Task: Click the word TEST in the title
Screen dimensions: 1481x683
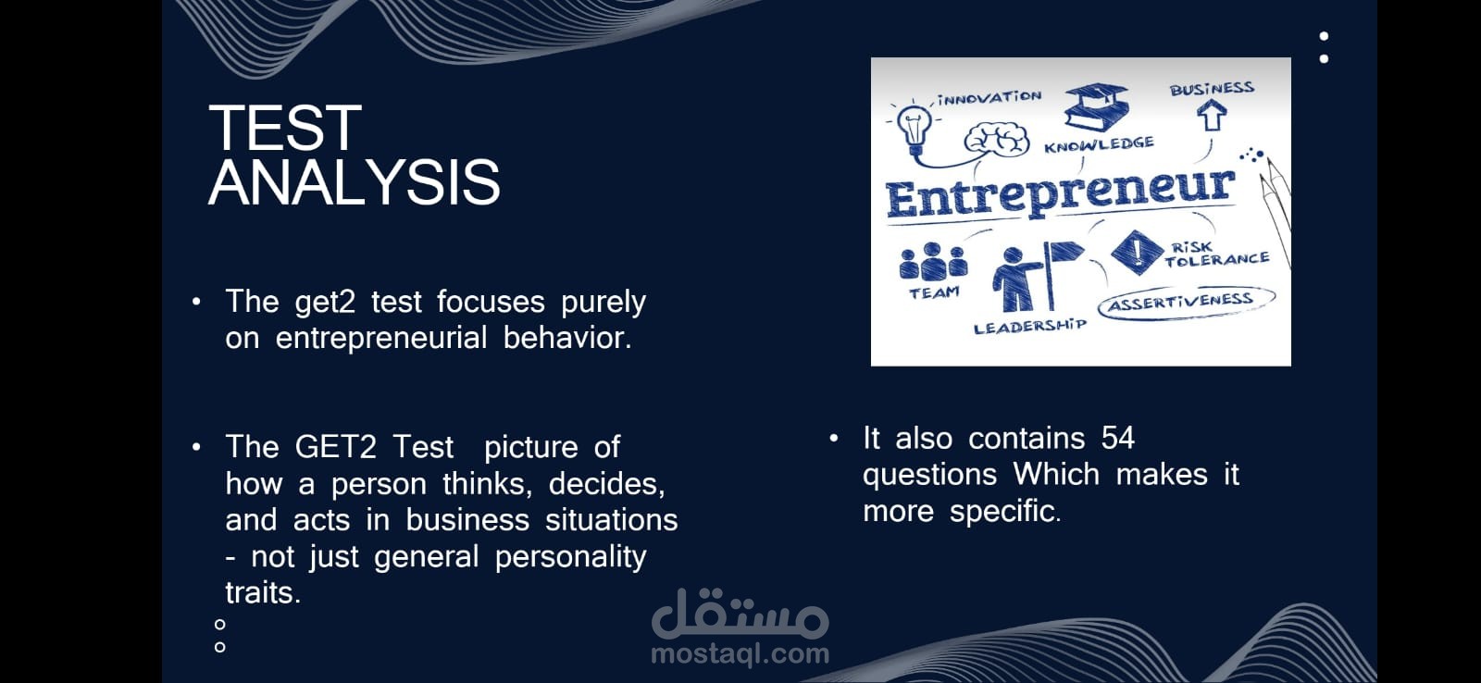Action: (285, 128)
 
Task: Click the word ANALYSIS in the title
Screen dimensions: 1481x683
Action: (355, 181)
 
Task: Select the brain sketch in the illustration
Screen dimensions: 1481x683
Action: (996, 140)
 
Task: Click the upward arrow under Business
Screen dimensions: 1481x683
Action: (1212, 115)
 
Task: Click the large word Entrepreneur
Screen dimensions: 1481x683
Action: (1060, 192)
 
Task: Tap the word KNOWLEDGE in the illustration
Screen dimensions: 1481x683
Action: (1099, 144)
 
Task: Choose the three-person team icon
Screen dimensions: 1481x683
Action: (933, 262)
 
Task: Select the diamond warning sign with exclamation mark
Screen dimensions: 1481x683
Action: (1138, 252)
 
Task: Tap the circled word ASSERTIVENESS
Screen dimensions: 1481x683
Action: (1181, 302)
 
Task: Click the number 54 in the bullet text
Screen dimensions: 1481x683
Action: (1118, 438)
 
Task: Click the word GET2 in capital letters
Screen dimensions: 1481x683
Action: (336, 447)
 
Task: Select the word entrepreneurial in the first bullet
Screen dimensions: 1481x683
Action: (381, 338)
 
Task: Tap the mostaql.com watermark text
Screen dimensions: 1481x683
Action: (740, 654)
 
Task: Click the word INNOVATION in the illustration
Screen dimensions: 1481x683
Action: (989, 98)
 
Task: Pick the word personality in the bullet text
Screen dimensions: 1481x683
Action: (570, 557)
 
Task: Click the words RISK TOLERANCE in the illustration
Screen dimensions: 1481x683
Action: (1216, 254)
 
